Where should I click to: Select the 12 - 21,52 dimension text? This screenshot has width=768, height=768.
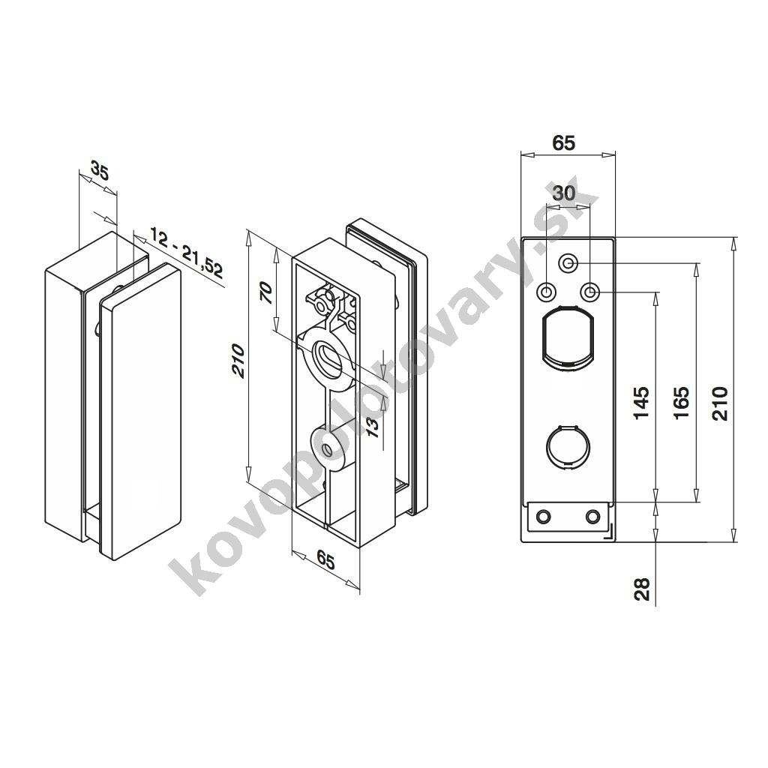click(x=186, y=259)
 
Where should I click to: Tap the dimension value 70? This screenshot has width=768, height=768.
click(x=265, y=293)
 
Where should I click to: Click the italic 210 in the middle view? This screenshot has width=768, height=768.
click(x=238, y=361)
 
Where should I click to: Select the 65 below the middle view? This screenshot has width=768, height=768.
click(x=325, y=559)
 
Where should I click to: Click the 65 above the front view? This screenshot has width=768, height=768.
click(x=563, y=142)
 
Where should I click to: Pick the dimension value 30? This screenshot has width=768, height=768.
click(x=564, y=193)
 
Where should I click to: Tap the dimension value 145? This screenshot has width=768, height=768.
click(x=641, y=403)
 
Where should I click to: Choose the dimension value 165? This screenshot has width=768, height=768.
click(x=681, y=403)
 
